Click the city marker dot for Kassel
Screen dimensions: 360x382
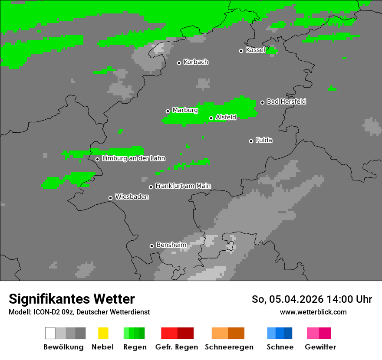tap(241, 51)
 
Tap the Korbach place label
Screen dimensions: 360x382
tap(196, 62)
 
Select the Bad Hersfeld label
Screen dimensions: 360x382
tap(286, 101)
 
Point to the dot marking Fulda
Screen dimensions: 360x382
tap(251, 141)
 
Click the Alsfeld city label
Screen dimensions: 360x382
tap(226, 117)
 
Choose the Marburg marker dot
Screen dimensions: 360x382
tap(168, 111)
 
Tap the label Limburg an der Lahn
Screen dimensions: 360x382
tap(134, 158)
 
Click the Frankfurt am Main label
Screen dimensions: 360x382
tap(183, 186)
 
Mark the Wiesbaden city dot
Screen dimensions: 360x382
tap(110, 198)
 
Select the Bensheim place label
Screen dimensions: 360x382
tap(171, 245)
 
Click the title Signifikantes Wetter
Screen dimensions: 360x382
tap(72, 299)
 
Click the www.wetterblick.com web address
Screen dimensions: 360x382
tap(313, 312)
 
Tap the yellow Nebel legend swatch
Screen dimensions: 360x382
tap(103, 333)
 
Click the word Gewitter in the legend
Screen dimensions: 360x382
tap(320, 347)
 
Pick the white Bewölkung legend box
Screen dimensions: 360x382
tap(50, 333)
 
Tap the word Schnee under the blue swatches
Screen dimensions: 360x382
tap(280, 347)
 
